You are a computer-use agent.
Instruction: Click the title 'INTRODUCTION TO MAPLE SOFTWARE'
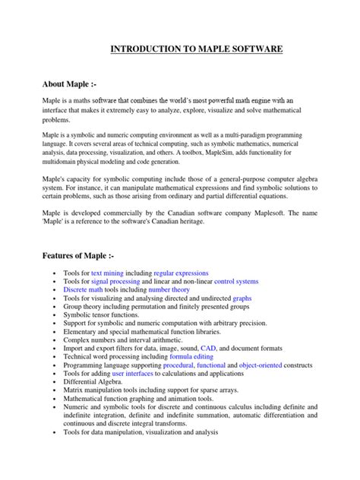(197, 49)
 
